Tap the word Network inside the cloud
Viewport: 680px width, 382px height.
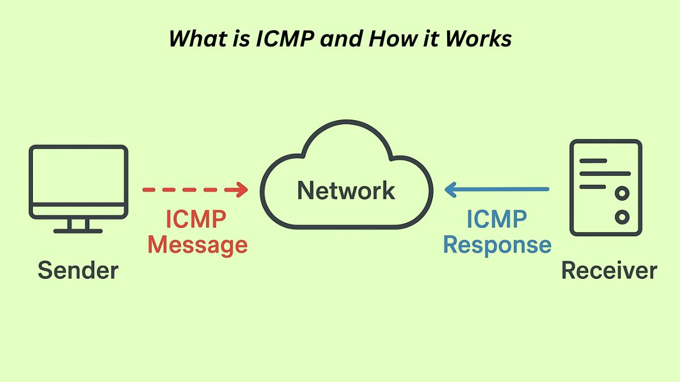[346, 190]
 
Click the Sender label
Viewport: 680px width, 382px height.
[78, 270]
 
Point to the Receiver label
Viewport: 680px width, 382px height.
[609, 270]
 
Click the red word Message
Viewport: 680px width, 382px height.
[197, 245]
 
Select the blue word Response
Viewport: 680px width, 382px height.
[497, 245]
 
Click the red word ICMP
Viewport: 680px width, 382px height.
[195, 219]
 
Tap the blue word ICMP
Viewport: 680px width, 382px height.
[497, 219]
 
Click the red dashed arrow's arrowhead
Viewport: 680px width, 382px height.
[243, 189]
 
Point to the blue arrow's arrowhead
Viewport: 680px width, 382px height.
[451, 189]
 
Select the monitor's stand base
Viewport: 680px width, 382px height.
[78, 231]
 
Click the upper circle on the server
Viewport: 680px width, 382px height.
[622, 194]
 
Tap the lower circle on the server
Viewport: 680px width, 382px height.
[622, 217]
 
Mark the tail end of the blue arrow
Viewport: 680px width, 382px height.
[547, 189]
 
